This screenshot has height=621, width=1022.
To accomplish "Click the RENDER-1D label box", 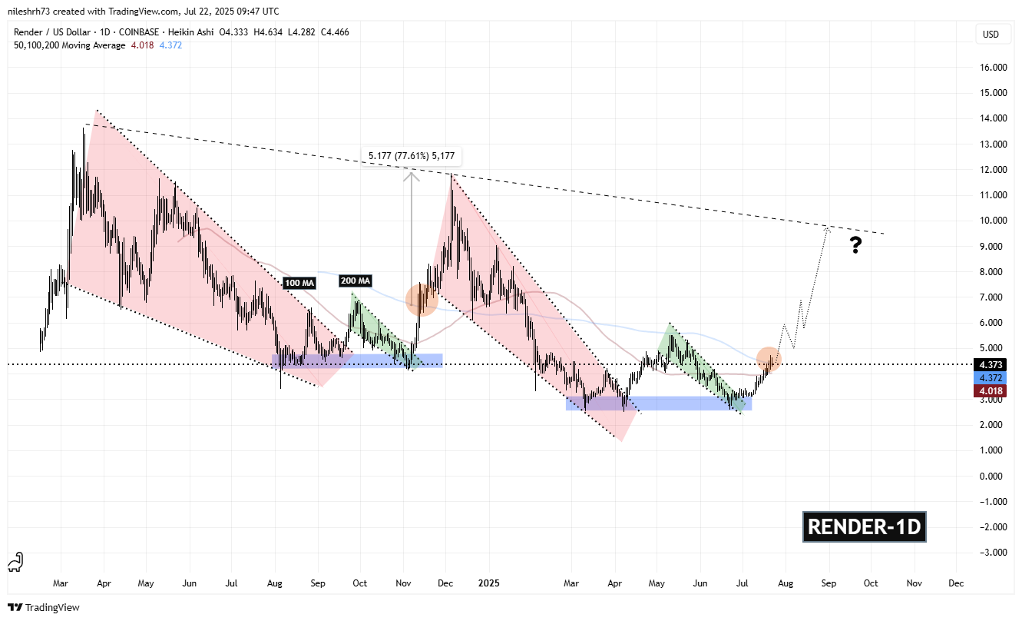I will coord(865,527).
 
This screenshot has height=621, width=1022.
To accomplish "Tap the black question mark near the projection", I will coord(856,245).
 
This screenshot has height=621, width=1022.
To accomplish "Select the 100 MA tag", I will coord(299,284).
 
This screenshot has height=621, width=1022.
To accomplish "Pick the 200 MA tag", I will coord(356,281).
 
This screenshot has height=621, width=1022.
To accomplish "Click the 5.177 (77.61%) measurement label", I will coord(412,156).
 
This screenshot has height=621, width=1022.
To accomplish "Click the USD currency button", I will coord(991,35).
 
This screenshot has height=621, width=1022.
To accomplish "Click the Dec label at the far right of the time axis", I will coord(956,583).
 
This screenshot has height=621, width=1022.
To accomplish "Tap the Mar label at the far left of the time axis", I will coord(62,583).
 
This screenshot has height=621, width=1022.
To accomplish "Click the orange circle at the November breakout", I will coord(421,299).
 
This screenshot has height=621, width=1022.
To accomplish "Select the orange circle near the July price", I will coord(769,359).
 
